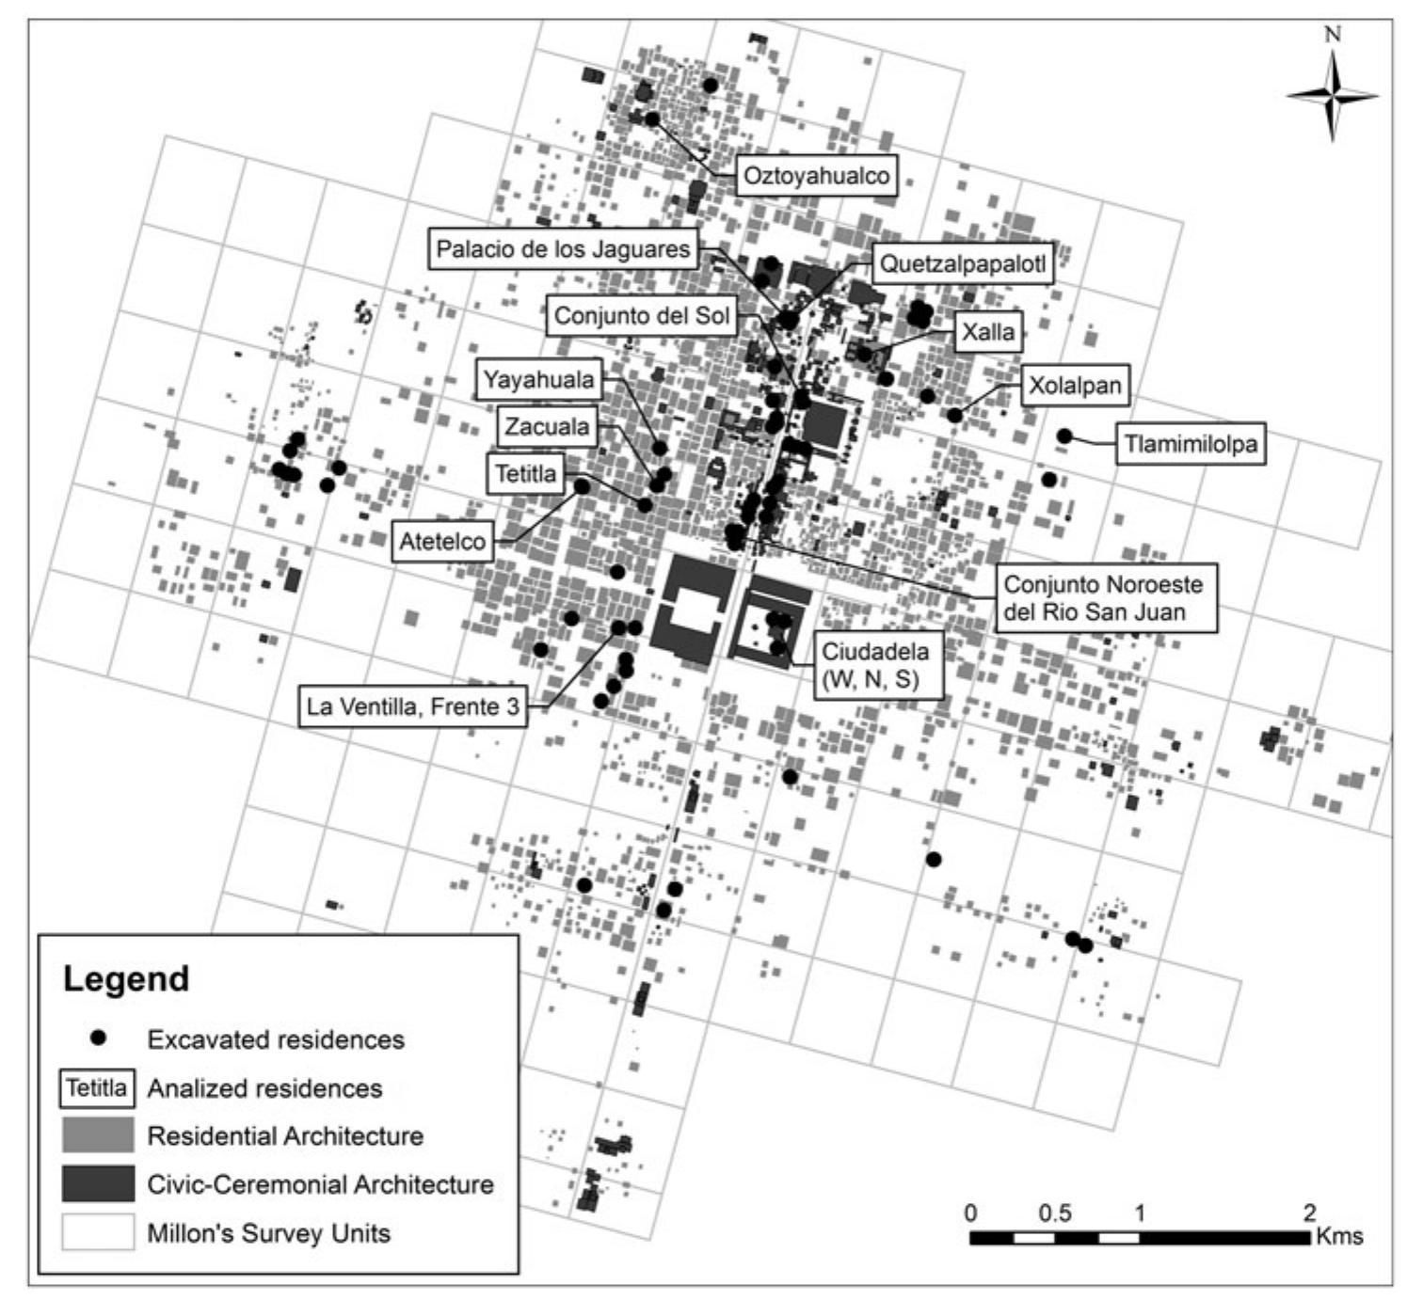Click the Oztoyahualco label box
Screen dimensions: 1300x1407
(816, 176)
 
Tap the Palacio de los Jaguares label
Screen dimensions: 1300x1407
(564, 249)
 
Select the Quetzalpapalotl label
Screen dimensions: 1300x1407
(963, 264)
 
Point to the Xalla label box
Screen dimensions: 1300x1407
(988, 331)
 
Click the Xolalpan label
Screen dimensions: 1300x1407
(1075, 385)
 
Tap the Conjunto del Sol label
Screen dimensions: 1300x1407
(642, 315)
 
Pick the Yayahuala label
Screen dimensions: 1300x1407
(539, 380)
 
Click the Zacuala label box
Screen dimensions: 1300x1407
(547, 427)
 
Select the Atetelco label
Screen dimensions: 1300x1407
(442, 542)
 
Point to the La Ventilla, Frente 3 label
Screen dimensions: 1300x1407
(412, 706)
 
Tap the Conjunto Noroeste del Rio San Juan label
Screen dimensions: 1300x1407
(1103, 597)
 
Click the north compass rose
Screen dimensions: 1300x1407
(1332, 94)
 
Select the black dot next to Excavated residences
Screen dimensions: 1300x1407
(98, 1038)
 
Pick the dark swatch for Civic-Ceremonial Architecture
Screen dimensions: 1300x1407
(98, 1183)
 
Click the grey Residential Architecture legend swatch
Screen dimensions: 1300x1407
(98, 1135)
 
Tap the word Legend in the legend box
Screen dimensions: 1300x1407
(126, 978)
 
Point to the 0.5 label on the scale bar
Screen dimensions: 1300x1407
(1054, 1213)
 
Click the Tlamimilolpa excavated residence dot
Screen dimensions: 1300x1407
(1064, 436)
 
